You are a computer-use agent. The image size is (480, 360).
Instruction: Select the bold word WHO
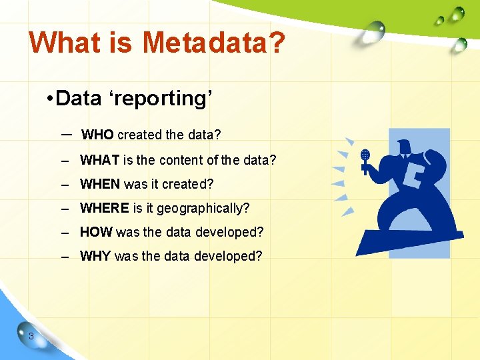97,135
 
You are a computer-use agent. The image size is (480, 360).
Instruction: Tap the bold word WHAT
100,160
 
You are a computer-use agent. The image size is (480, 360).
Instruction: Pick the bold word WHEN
100,184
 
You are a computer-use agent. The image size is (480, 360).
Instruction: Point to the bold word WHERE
105,208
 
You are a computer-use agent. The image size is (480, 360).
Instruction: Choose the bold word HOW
96,232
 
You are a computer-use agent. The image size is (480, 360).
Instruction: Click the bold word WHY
95,256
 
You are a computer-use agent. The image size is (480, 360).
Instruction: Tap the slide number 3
31,336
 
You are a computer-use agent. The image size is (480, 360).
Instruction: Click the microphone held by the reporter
365,157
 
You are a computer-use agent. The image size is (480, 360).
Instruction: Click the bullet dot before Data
50,99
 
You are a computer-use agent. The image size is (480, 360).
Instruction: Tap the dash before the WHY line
65,257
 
